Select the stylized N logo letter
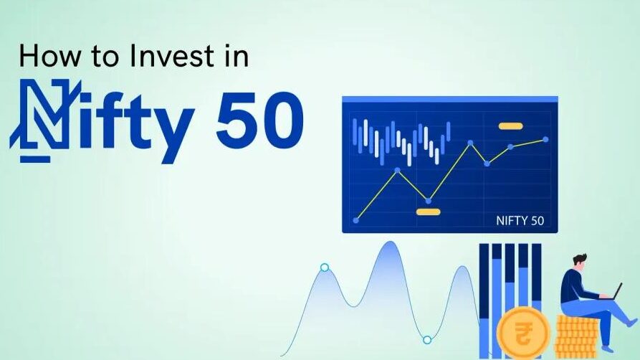(44, 121)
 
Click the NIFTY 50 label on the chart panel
(520, 221)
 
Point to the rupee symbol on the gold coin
(522, 333)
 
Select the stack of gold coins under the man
(576, 334)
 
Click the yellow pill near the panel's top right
(510, 126)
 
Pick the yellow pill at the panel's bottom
(428, 212)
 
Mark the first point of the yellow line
(356, 221)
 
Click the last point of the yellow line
(545, 139)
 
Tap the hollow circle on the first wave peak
(325, 267)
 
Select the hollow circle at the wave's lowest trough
(427, 340)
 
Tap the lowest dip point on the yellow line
(428, 201)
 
